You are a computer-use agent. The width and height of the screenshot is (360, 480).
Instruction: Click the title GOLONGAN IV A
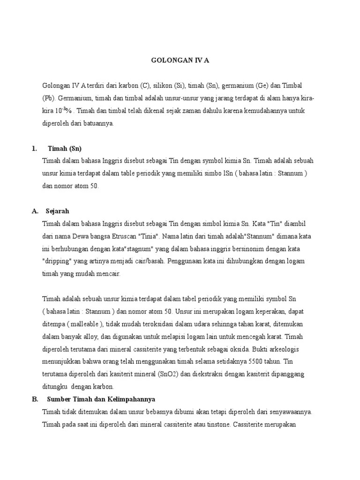click(x=180, y=60)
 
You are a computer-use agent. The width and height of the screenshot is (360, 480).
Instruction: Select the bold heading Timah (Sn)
click(x=65, y=149)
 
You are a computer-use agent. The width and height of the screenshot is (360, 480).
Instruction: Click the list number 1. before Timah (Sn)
click(x=34, y=149)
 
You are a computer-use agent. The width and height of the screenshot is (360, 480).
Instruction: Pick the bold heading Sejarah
click(x=58, y=211)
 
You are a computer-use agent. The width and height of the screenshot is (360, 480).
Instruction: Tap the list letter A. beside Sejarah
click(x=35, y=211)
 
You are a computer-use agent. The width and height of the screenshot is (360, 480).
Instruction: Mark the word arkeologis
click(x=289, y=349)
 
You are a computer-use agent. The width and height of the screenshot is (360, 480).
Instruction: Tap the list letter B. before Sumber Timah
click(x=35, y=399)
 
